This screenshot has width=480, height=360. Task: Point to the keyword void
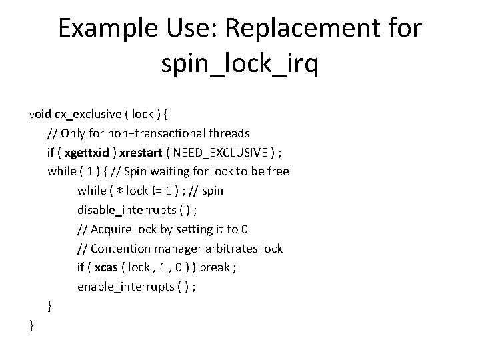41,113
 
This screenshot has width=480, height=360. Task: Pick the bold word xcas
107,267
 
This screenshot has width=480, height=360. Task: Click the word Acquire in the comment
113,229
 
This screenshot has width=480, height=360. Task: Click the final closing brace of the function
31,325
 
